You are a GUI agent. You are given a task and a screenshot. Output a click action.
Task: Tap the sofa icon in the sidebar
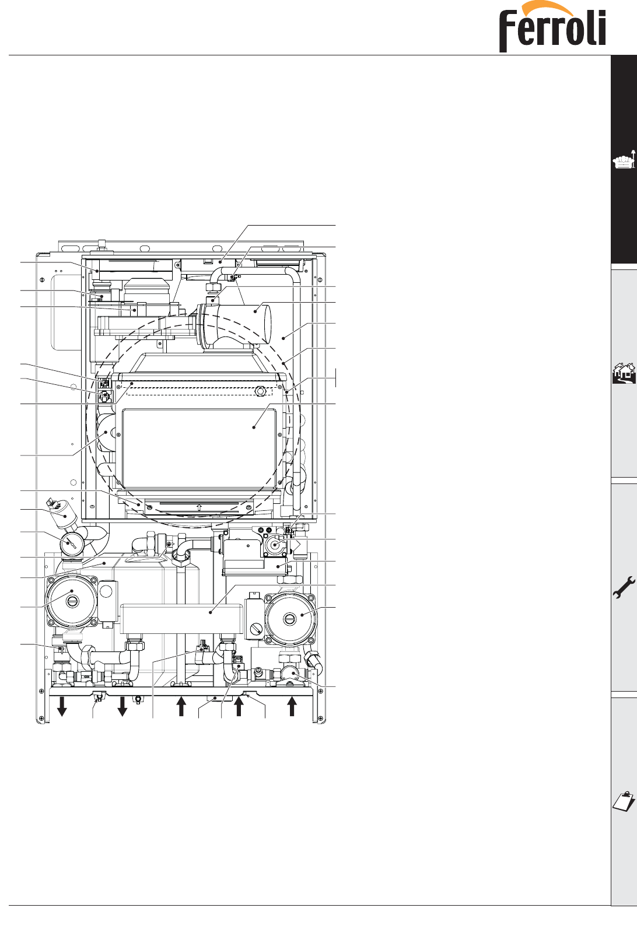[623, 161]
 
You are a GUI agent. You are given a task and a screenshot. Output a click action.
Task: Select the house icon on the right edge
[624, 373]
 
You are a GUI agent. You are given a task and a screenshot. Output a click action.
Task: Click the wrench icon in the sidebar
[623, 587]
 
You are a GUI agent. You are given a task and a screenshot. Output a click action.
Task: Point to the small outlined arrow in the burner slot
[199, 507]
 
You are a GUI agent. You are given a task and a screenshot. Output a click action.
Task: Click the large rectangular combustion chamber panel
[198, 448]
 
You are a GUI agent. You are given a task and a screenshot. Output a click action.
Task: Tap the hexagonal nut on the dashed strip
[261, 390]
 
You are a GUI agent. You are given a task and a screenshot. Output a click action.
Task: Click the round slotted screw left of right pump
[257, 629]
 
